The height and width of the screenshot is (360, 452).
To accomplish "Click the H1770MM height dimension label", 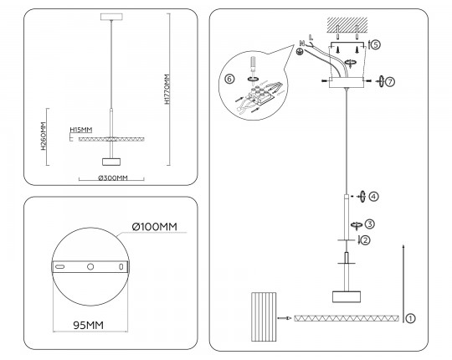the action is tap(167, 90).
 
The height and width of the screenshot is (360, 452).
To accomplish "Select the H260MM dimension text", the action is tap(44, 136).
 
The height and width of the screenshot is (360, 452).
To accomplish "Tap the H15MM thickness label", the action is tap(81, 130).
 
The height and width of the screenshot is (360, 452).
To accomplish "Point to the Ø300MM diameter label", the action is tap(113, 177).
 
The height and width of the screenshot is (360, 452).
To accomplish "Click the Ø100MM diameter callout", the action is tap(155, 227).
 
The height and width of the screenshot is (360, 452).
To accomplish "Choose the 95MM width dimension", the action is tap(88, 325).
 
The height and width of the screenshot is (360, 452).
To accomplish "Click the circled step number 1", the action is tap(410, 318).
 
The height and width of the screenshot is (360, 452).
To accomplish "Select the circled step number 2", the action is tap(365, 240).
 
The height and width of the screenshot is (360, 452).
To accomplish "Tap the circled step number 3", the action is tap(370, 224).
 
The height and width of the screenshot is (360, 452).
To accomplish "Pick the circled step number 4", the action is tap(373, 197).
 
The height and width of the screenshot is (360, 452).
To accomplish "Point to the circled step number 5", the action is tap(376, 44).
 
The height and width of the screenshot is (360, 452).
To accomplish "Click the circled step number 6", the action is tap(229, 79).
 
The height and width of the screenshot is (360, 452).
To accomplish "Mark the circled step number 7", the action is tap(390, 82).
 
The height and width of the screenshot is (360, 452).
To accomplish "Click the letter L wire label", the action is tap(311, 37).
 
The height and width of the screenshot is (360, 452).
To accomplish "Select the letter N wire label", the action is tap(302, 44).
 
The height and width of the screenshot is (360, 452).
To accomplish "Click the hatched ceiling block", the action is tap(347, 24).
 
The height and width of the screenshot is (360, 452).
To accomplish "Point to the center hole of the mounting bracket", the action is tap(90, 266).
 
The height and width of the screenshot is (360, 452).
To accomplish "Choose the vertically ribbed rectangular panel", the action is tap(264, 316).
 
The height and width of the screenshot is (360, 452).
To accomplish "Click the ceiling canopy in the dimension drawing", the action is tap(111, 17).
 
